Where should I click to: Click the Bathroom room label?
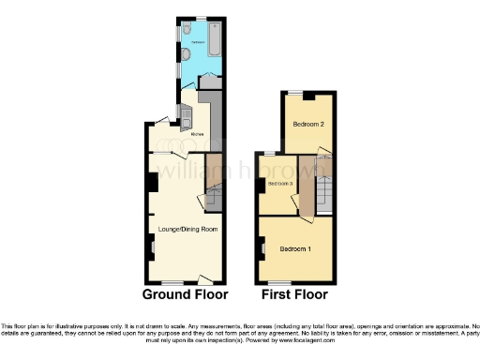[199, 43]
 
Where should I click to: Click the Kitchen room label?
[197, 134]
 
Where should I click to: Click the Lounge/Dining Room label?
[187, 229]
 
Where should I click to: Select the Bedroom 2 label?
[308, 124]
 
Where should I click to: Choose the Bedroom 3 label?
[280, 184]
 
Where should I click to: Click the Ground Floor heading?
[186, 293]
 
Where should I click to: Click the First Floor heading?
[295, 293]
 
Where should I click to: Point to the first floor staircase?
[324, 191]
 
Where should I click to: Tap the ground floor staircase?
[214, 197]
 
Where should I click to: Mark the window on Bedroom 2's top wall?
[295, 92]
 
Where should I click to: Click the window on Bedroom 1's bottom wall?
[279, 281]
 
